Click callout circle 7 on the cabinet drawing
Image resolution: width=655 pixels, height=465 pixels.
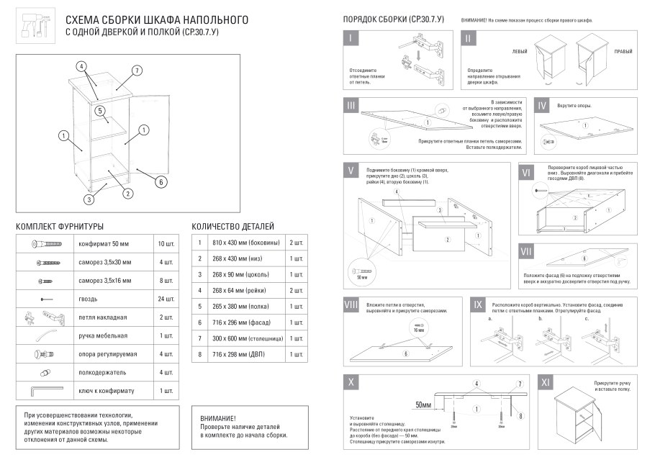click(135, 71)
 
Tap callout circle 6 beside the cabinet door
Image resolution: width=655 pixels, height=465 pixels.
click(161, 181)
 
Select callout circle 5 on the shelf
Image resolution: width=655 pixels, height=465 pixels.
click(101, 111)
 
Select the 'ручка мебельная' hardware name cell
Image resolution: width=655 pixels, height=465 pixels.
click(103, 335)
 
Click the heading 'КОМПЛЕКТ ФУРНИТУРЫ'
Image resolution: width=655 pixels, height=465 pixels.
click(60, 227)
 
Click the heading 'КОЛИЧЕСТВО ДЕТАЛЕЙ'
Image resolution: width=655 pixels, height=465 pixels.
click(232, 227)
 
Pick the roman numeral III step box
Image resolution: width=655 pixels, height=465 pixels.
click(351, 107)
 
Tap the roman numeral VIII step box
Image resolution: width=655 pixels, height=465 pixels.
click(351, 305)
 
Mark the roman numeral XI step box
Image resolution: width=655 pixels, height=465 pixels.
click(545, 382)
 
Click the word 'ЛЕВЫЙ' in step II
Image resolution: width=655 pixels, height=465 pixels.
click(519, 52)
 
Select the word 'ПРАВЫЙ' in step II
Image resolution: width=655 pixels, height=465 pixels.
click(623, 52)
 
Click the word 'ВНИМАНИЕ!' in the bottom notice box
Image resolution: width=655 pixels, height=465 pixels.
click(219, 418)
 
